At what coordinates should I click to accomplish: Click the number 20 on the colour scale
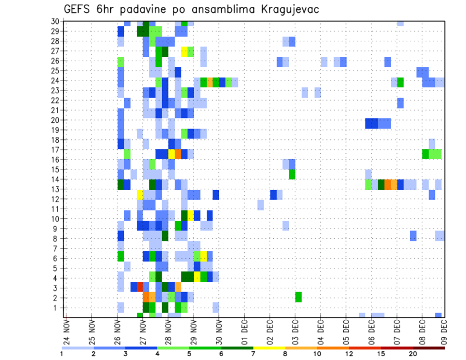pyautogui.click(x=413, y=354)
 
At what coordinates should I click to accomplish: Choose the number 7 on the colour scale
pyautogui.click(x=253, y=354)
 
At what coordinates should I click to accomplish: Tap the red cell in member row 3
pyautogui.click(x=140, y=287)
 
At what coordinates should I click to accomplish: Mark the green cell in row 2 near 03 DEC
pyautogui.click(x=298, y=297)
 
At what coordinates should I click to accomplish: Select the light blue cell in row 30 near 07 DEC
pyautogui.click(x=400, y=23)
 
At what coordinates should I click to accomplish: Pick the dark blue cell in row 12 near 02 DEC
pyautogui.click(x=273, y=195)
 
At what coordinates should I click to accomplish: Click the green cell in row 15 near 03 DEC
pyautogui.click(x=292, y=174)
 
